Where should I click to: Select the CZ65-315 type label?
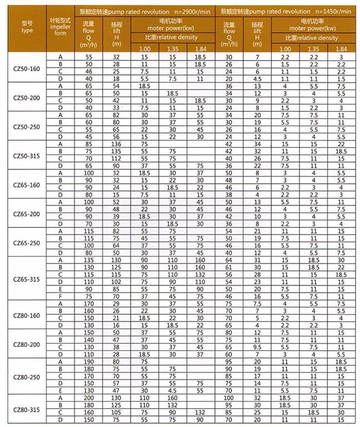click(27, 279)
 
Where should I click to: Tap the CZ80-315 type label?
click(27, 409)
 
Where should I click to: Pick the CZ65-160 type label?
click(27, 184)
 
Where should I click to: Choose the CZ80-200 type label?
click(27, 344)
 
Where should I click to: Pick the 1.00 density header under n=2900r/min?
click(144, 48)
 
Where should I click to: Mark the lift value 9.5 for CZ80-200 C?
click(257, 347)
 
